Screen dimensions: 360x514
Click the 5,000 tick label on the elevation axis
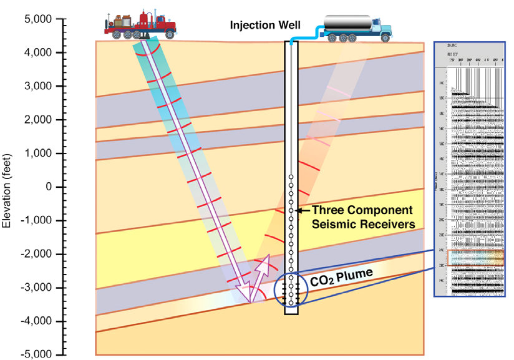[37, 19]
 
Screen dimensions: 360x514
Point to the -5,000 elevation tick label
[35, 354]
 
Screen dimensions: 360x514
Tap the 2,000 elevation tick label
[37, 120]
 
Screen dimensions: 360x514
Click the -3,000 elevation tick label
[35, 288]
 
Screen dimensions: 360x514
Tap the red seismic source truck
[140, 24]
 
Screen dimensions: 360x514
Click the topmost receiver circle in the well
[291, 177]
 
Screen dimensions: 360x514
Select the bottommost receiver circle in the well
[291, 303]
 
